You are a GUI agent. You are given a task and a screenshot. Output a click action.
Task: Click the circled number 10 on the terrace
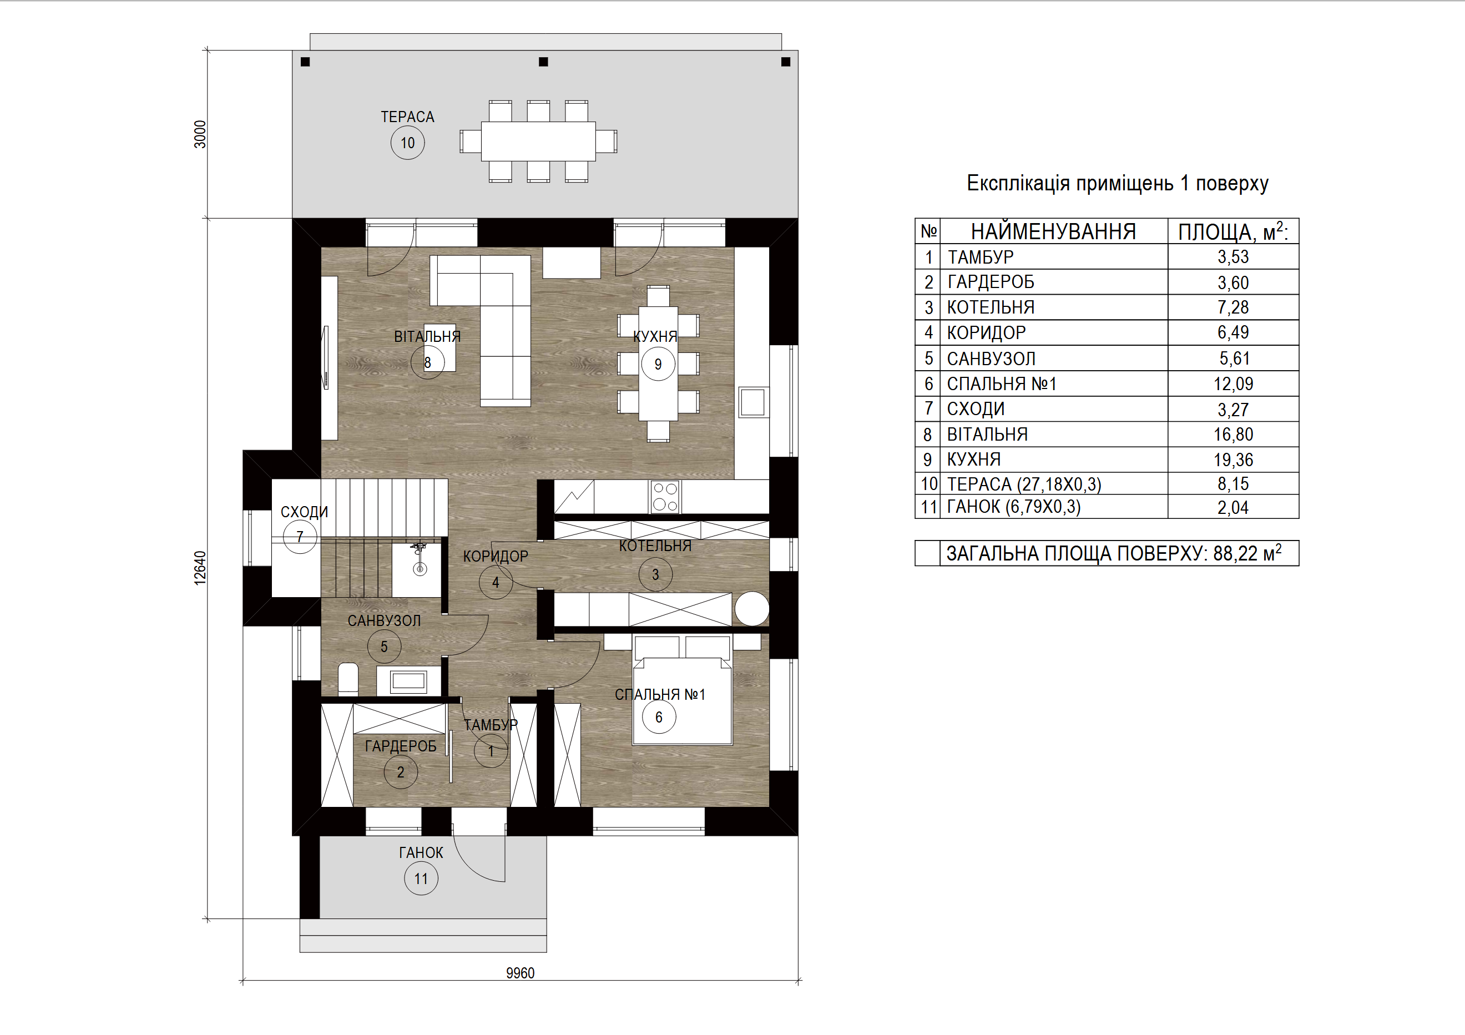pyautogui.click(x=407, y=143)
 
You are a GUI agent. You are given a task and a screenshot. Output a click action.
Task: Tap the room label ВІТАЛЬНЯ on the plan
pyautogui.click(x=427, y=336)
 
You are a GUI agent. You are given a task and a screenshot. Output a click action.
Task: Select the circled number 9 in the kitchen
pyautogui.click(x=658, y=365)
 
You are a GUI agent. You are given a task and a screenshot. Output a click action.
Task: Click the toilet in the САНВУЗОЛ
pyautogui.click(x=348, y=678)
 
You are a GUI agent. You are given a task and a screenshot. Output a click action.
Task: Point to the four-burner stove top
pyautogui.click(x=665, y=497)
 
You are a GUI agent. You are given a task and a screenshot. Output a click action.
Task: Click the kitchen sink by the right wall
pyautogui.click(x=753, y=402)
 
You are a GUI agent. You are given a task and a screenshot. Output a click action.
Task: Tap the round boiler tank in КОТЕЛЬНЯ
pyautogui.click(x=751, y=609)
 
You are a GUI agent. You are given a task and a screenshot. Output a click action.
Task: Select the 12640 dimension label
pyautogui.click(x=200, y=568)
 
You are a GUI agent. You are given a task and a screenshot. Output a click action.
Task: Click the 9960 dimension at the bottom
pyautogui.click(x=520, y=973)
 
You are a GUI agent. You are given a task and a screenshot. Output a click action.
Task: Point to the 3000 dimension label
pyautogui.click(x=200, y=135)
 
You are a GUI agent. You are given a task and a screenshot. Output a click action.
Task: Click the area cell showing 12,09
pyautogui.click(x=1232, y=383)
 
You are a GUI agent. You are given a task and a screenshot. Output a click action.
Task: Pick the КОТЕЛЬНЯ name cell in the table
pyautogui.click(x=991, y=307)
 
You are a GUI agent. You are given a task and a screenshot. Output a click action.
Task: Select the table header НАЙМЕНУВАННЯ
pyautogui.click(x=1053, y=231)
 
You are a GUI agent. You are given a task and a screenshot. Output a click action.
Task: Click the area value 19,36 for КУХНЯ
pyautogui.click(x=1232, y=460)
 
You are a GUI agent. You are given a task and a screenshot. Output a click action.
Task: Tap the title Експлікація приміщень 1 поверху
pyautogui.click(x=1117, y=183)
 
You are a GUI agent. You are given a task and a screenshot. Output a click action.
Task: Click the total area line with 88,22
pyautogui.click(x=1113, y=553)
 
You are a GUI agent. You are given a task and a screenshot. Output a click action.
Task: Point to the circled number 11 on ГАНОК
pyautogui.click(x=421, y=879)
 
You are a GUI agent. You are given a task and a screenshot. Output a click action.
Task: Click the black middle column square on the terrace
pyautogui.click(x=544, y=62)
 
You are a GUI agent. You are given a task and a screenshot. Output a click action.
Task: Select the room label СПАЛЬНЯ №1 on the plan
pyautogui.click(x=660, y=694)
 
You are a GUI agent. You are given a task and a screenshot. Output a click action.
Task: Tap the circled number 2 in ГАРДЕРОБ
pyautogui.click(x=401, y=772)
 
